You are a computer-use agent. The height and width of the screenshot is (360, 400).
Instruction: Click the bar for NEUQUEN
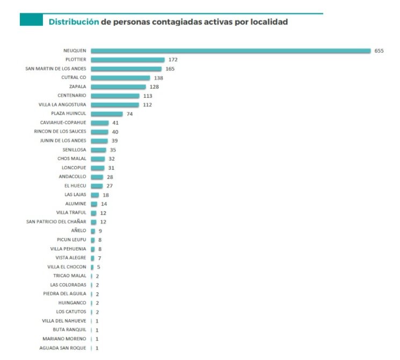[231, 51]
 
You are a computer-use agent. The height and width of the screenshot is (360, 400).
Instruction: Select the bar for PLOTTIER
[128, 60]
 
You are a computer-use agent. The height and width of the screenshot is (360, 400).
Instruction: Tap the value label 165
[170, 69]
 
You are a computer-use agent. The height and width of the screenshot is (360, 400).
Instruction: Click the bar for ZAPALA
[118, 87]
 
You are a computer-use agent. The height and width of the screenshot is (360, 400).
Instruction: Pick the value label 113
[148, 96]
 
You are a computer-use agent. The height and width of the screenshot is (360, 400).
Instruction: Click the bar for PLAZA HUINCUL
[107, 113]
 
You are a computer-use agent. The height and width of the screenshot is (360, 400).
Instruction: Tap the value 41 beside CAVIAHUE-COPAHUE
[115, 123]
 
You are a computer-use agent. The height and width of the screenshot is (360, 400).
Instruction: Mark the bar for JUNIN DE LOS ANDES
[99, 141]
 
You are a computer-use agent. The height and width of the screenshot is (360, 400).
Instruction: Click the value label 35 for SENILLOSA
[113, 150]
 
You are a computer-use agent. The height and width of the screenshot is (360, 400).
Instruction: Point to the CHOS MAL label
[72, 159]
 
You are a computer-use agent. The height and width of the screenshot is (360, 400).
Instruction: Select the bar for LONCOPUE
[98, 168]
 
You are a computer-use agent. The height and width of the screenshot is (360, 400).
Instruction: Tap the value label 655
[379, 51]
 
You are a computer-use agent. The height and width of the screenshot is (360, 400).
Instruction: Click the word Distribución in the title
[74, 22]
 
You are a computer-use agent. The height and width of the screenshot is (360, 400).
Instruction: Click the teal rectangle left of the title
[31, 20]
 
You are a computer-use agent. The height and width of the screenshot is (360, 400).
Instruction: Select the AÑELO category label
[78, 231]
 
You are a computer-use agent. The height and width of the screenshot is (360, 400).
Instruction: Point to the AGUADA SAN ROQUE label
[63, 348]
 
